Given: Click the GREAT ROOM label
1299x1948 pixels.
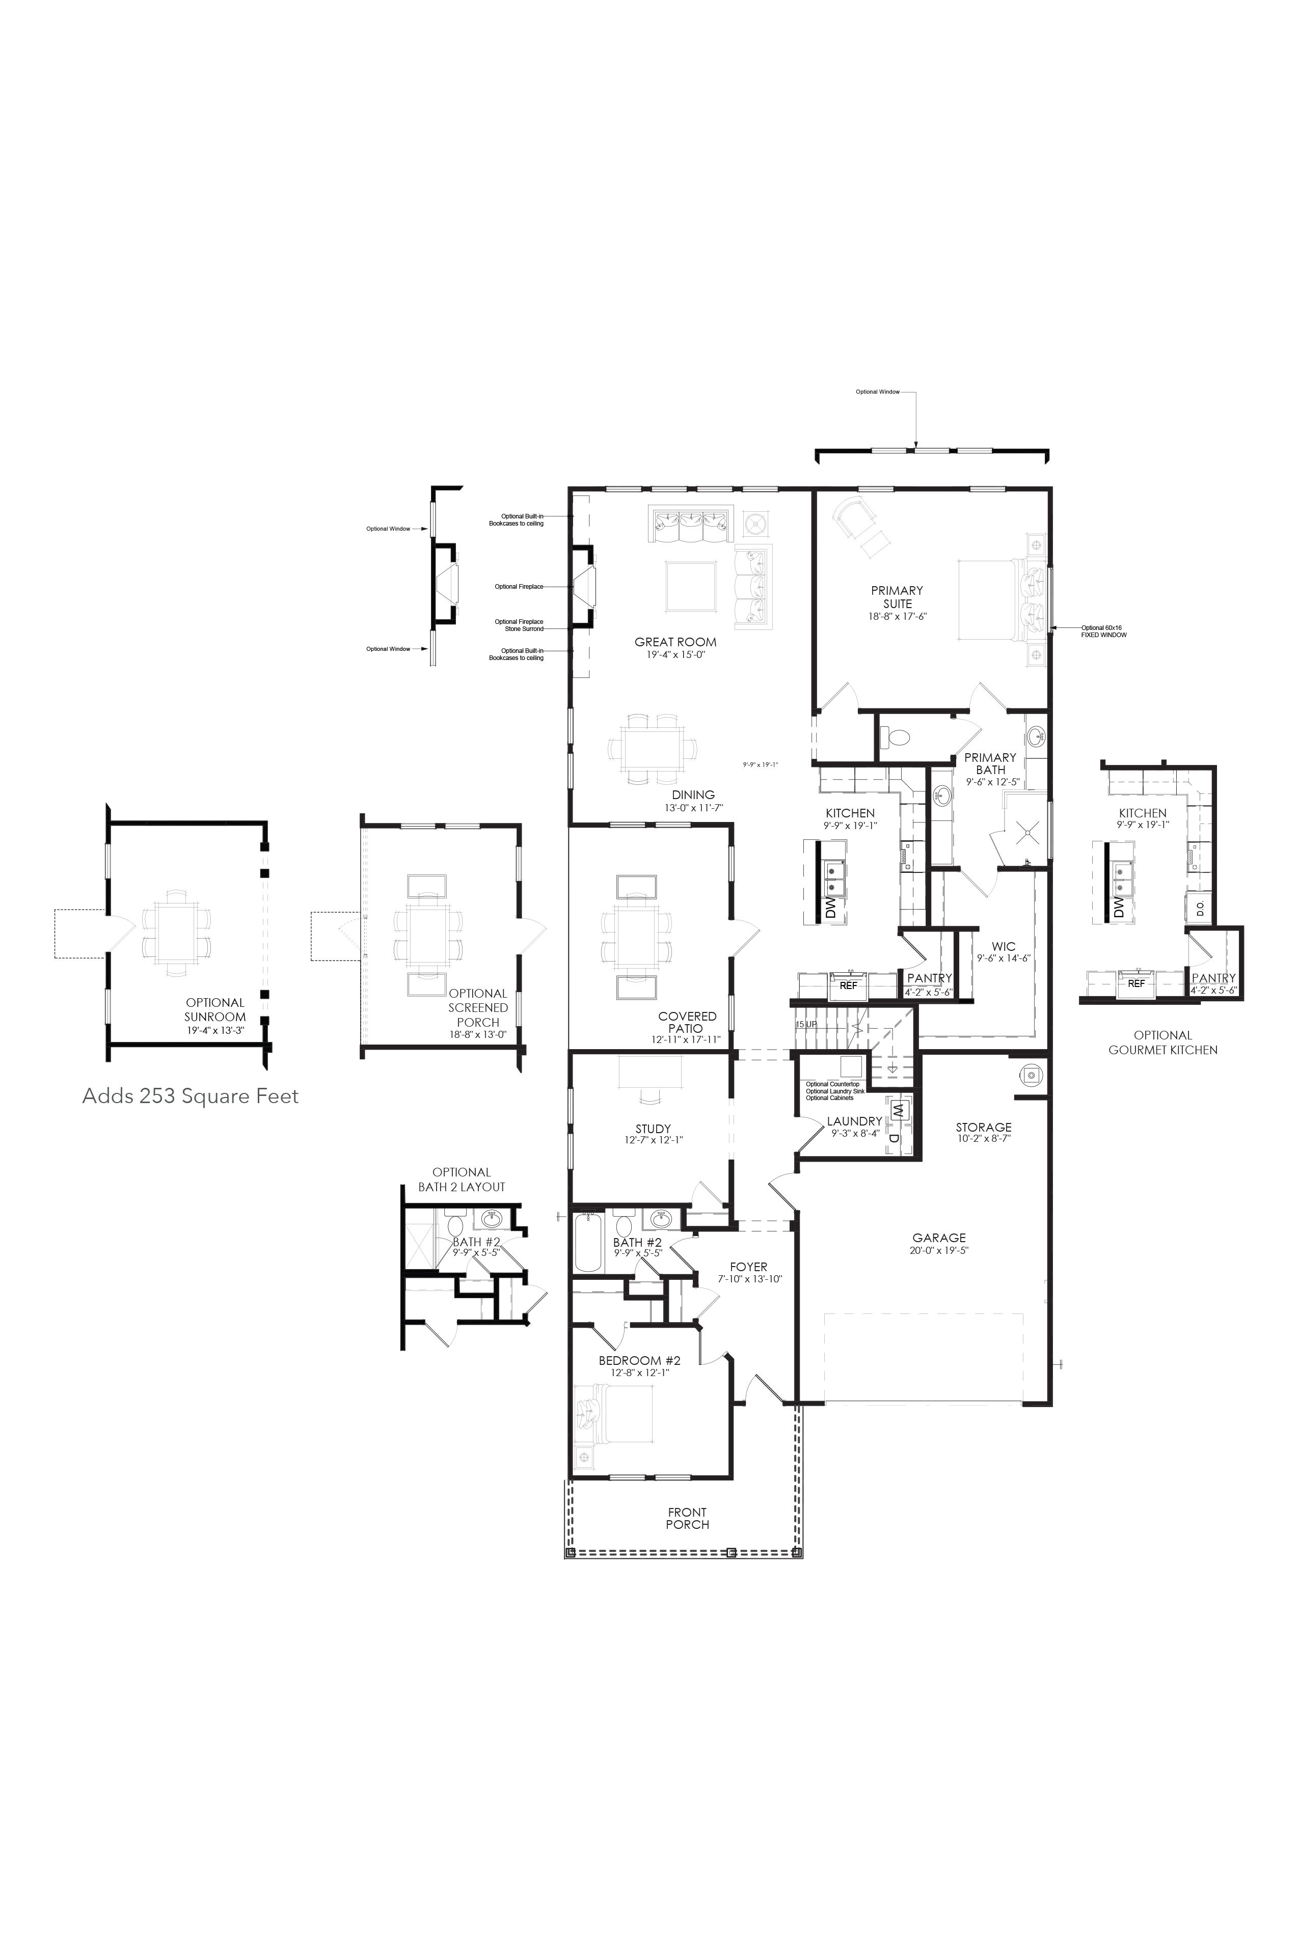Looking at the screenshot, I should (675, 641).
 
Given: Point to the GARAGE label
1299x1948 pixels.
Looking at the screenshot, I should (939, 1238).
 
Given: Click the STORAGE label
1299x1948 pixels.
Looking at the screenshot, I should (983, 1127).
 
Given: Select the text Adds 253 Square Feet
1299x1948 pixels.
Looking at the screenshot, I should (191, 1096).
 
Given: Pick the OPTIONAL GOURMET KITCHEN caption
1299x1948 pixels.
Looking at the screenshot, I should (1162, 1042).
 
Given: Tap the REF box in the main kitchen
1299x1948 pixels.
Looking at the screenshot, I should (848, 985).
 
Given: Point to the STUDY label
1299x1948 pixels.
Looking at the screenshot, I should (653, 1128).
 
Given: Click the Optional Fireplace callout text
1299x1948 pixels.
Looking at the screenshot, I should (519, 586).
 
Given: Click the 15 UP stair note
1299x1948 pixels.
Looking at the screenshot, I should (806, 1025).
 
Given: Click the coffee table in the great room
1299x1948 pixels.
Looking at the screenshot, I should (691, 586).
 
